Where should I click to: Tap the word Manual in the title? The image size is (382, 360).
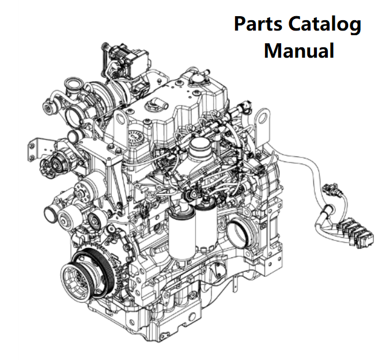coord(299,50)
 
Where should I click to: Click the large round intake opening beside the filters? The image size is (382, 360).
coord(239,231)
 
